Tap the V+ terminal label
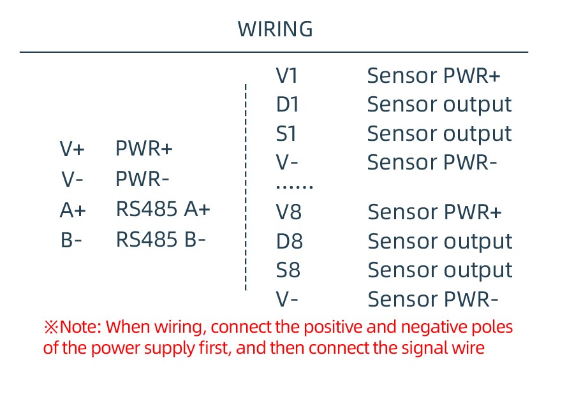(x=72, y=149)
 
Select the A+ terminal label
(x=72, y=210)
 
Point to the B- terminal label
(x=71, y=240)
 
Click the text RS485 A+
(x=163, y=209)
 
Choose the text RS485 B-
(x=161, y=240)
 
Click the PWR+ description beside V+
(x=143, y=149)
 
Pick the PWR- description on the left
(x=142, y=179)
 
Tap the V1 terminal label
(x=287, y=76)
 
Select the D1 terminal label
(x=288, y=105)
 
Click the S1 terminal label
(x=287, y=134)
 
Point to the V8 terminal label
(x=288, y=212)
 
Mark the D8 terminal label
(x=289, y=241)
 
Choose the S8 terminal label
(x=288, y=270)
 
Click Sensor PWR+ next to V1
(x=434, y=76)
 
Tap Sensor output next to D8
(x=440, y=241)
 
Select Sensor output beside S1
(x=439, y=134)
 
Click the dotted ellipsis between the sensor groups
(x=294, y=187)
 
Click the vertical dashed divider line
(x=246, y=185)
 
